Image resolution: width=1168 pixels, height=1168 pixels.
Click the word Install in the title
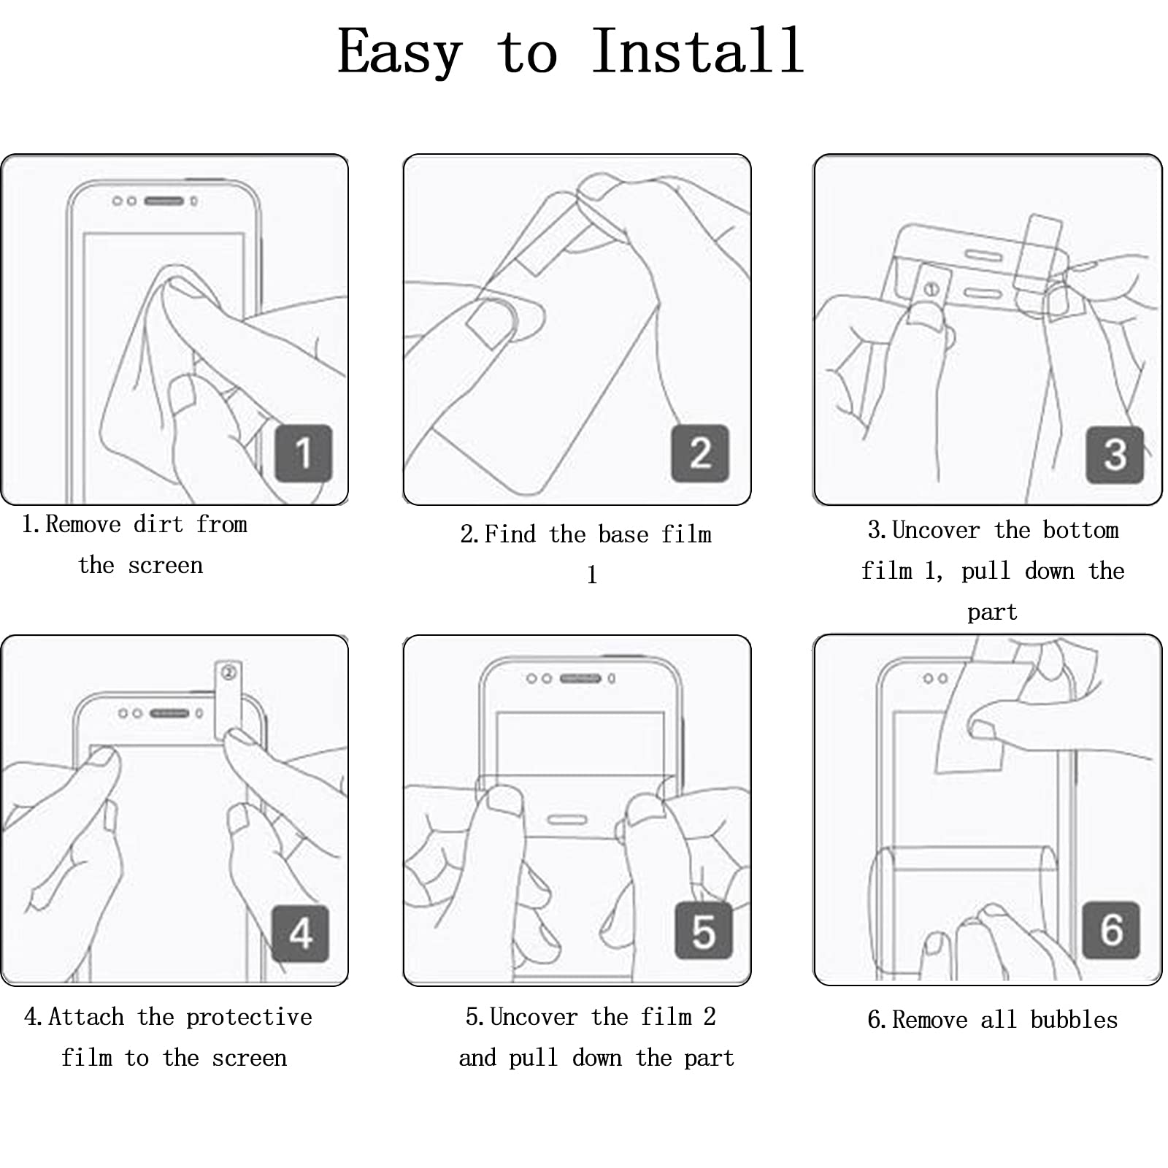(697, 50)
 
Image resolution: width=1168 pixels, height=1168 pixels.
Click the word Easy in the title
(399, 53)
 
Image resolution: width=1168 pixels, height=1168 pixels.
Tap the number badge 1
(304, 453)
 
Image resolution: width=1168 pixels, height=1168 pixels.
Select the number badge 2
(700, 453)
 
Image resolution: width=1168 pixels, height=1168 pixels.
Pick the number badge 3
(1115, 455)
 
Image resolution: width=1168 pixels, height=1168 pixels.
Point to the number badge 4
(301, 934)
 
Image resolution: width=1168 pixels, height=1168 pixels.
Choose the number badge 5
(703, 931)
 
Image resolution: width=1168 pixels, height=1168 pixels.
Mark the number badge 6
(1111, 929)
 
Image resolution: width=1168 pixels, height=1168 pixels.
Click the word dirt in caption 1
(158, 524)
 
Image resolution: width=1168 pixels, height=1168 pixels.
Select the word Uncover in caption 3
(936, 530)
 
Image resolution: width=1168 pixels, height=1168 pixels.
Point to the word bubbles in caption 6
(1074, 1020)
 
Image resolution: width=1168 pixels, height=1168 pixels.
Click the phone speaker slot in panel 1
(164, 201)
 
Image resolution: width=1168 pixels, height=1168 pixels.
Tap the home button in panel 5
(567, 820)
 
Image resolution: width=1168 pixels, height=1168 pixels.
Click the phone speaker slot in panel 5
(580, 679)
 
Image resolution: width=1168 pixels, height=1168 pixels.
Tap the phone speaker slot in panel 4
(169, 713)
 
